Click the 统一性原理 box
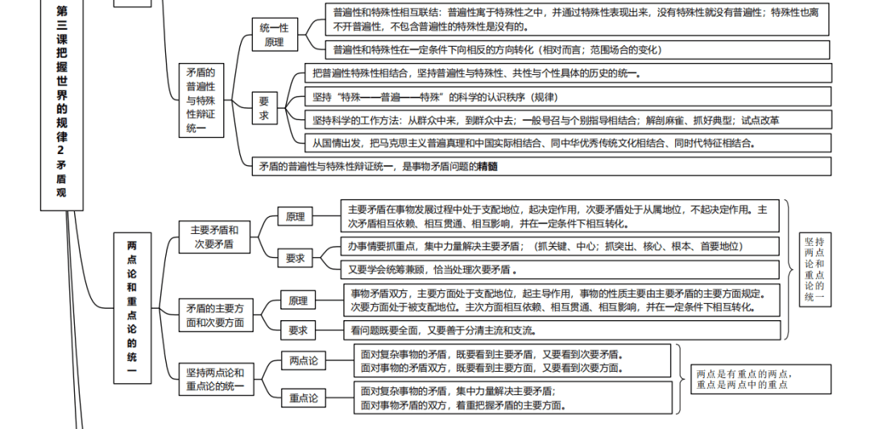pos(273,35)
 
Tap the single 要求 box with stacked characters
pos(263,109)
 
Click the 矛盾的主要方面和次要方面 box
pos(214,315)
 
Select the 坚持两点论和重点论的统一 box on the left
pos(214,379)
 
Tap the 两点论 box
pos(303,360)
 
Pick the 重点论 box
pos(303,398)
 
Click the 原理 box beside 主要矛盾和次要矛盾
pos(295,217)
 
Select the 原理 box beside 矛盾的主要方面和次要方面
pos(298,301)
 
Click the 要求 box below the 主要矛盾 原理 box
pos(295,258)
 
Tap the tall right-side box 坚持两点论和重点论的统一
pos(814,270)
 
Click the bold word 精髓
pos(487,167)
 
